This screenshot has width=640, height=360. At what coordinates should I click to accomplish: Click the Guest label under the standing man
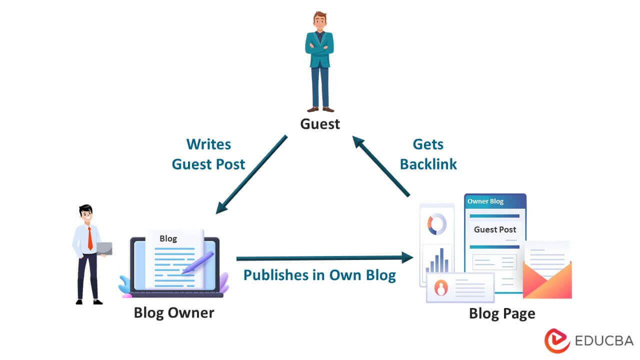point(320,123)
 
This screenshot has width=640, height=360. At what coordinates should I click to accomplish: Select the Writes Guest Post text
point(208,154)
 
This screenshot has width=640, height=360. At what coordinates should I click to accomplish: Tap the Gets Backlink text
point(428,154)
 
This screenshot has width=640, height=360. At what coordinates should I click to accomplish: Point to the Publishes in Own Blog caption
point(319,275)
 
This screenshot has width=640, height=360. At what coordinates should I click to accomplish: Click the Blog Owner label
point(173,313)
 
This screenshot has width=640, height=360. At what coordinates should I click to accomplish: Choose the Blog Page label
point(501,313)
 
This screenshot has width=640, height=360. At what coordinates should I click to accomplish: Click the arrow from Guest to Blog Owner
point(251,174)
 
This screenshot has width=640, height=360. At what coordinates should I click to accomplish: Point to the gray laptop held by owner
point(104,248)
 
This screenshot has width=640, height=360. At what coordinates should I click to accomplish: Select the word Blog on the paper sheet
point(168,238)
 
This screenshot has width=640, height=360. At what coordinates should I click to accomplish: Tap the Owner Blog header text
point(485,201)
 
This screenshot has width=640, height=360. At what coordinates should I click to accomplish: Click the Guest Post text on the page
point(494,229)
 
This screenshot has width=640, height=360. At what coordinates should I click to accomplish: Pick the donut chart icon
point(436,224)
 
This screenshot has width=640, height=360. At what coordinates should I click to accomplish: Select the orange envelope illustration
point(547,280)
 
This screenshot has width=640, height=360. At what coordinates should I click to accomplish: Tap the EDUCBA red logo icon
point(557,340)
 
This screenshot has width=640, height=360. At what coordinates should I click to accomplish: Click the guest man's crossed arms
point(319,48)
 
